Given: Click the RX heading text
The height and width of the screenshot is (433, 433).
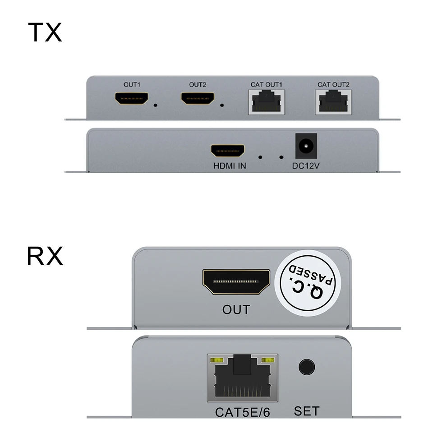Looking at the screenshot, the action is pos(45,256).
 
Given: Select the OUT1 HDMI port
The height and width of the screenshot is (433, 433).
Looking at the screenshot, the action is pos(132,99).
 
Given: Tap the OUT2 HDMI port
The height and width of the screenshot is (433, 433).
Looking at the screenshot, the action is pos(198,99).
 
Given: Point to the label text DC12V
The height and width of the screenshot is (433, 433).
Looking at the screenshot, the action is pos(305,166).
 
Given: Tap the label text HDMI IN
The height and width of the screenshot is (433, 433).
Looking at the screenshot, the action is pos(230,166).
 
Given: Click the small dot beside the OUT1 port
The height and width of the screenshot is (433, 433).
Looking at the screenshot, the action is pos(156,106).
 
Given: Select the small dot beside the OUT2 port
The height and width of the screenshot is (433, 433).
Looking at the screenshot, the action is pos(222,106).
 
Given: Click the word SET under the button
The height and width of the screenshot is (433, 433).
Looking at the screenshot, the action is pos(307,411).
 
